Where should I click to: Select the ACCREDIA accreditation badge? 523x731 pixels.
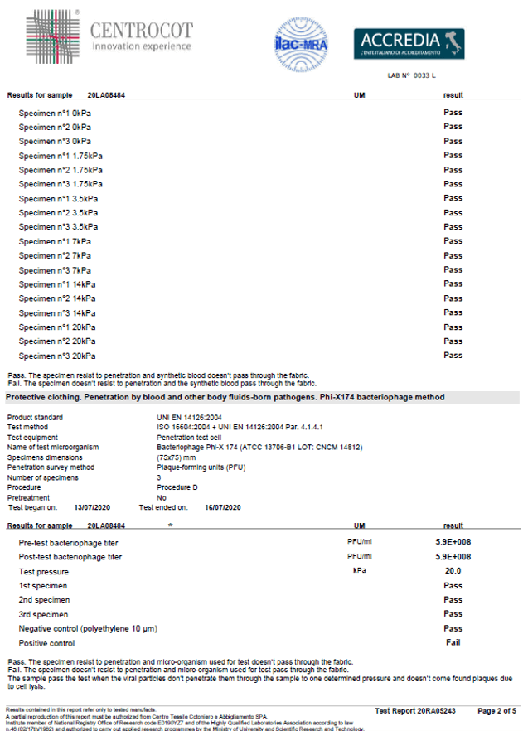click(x=409, y=44)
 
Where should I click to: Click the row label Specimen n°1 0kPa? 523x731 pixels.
click(x=55, y=113)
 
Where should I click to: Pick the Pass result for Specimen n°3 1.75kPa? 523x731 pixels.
click(x=453, y=184)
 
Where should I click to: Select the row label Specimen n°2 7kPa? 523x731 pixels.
click(x=55, y=255)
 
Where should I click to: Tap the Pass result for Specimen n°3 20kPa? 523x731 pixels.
click(x=453, y=356)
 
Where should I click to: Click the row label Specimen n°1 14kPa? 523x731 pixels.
click(x=57, y=284)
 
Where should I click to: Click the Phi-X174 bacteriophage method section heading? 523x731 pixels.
click(x=225, y=398)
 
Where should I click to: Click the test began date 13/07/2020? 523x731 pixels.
click(x=93, y=507)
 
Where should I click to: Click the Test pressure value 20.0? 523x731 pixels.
click(x=453, y=571)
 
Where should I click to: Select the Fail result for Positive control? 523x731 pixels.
click(x=453, y=642)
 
